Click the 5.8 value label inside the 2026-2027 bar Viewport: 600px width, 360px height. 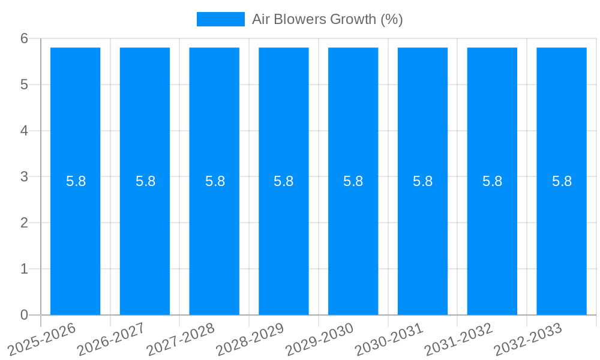point(145,181)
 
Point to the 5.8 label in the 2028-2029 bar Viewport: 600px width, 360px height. point(284,181)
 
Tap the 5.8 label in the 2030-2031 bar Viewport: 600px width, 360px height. point(423,181)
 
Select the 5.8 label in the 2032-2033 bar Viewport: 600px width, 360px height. point(562,181)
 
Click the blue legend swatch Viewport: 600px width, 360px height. point(220,19)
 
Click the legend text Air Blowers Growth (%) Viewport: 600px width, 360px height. point(327,19)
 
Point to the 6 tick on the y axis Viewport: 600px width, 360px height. point(24,39)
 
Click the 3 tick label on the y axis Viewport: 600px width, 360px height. point(24,177)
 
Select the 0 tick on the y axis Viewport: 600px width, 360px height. point(24,315)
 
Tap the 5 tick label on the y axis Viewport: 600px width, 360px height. point(24,85)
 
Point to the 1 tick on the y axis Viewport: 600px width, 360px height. point(24,269)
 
